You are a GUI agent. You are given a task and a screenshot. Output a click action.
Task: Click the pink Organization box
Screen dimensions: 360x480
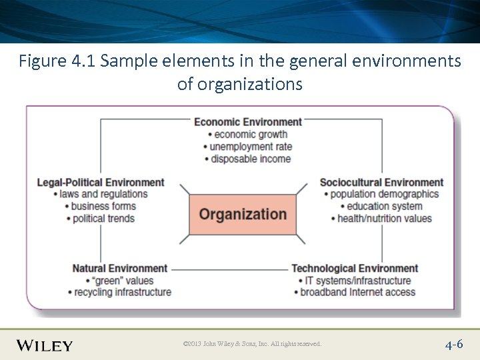click(x=243, y=215)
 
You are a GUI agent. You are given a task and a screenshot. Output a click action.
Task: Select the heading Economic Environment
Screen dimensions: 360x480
click(x=248, y=122)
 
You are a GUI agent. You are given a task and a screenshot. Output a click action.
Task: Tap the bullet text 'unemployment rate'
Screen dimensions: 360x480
click(x=251, y=147)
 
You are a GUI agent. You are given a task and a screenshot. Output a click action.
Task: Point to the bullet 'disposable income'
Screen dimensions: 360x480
click(x=251, y=159)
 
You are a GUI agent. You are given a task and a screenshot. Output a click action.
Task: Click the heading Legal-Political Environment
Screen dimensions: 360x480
click(x=100, y=182)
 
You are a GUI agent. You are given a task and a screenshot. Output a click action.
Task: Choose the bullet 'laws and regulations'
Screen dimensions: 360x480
click(x=103, y=194)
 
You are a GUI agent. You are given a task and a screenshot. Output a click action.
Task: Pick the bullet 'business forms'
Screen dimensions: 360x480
click(x=103, y=206)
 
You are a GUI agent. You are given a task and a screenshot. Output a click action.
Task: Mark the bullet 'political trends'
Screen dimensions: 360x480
click(x=103, y=218)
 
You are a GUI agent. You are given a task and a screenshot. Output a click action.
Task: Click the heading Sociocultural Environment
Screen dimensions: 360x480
click(x=381, y=182)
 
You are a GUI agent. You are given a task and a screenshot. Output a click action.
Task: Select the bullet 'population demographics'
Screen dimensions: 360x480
click(x=385, y=194)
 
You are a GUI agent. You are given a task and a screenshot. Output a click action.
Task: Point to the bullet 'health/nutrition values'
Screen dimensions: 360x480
click(x=385, y=218)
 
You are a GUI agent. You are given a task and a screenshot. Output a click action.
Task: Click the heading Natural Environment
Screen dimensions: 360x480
click(x=120, y=269)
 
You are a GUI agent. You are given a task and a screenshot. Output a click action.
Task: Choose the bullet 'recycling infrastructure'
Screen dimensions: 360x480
click(x=123, y=292)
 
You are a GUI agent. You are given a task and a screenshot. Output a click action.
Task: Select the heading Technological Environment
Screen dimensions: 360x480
click(x=355, y=269)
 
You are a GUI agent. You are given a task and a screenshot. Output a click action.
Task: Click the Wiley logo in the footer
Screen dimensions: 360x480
click(x=45, y=345)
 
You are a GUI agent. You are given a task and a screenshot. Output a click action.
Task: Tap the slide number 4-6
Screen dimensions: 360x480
click(x=454, y=345)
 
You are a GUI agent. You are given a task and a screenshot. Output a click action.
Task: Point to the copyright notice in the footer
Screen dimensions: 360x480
click(x=252, y=344)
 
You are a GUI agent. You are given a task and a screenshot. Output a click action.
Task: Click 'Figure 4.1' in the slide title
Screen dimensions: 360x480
click(x=57, y=62)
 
